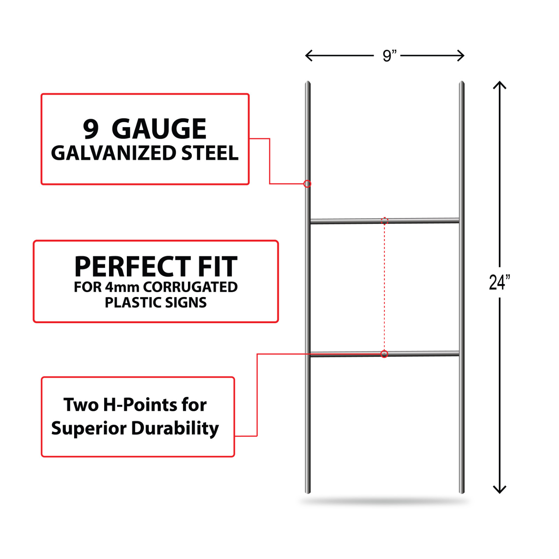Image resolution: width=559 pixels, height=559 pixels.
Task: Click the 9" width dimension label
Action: [390, 56]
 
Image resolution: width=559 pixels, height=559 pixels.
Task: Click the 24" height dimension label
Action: [499, 282]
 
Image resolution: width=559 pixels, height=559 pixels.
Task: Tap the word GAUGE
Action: [159, 129]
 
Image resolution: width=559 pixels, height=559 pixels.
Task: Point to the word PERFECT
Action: [133, 267]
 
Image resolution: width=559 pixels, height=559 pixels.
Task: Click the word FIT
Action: [218, 267]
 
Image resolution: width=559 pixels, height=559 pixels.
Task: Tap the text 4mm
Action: [122, 287]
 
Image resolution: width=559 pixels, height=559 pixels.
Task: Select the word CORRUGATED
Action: [190, 287]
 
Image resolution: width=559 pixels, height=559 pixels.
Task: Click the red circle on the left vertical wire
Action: [307, 184]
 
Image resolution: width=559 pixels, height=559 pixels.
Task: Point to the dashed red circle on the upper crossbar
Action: [384, 221]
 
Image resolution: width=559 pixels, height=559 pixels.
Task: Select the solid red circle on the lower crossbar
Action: [384, 354]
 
